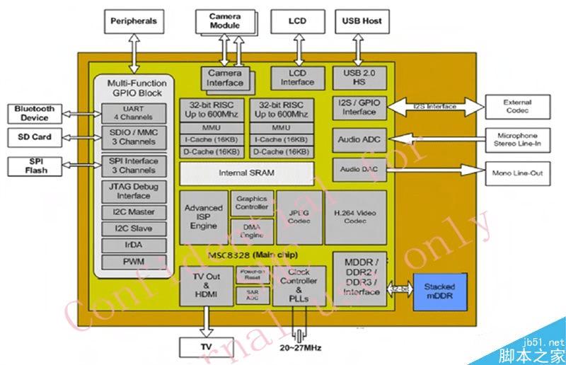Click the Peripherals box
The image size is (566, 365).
133,21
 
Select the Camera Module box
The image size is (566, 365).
224,21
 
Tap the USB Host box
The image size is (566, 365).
362,21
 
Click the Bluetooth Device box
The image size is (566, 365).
34,113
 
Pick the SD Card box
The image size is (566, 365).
34,136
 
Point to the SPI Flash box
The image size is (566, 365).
34,166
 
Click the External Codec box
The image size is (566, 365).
517,107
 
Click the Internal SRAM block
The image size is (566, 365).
247,172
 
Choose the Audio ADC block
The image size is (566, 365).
359,139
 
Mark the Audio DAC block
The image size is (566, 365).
359,170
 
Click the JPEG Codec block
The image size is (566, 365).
297,217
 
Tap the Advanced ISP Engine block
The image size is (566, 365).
203,217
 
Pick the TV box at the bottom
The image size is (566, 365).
206,347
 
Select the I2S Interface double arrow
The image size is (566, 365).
435,107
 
